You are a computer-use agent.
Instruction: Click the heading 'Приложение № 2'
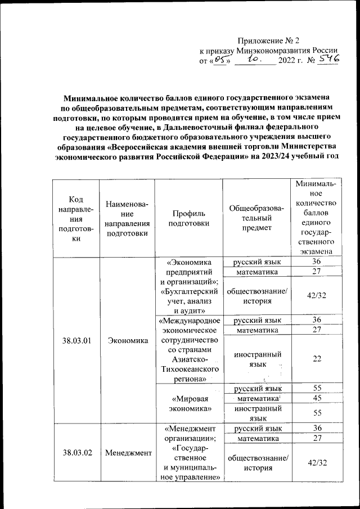[x=270, y=40]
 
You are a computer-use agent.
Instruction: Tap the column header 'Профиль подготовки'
[x=189, y=218]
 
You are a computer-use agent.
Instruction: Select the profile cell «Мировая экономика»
[x=189, y=403]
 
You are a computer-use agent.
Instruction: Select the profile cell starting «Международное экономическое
[x=189, y=349]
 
